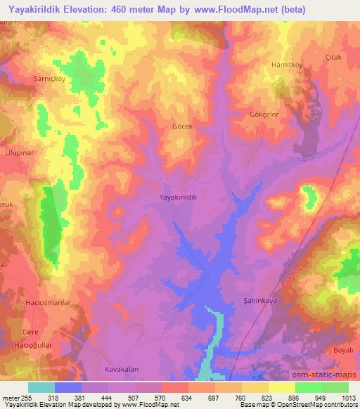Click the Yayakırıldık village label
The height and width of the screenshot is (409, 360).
[178, 198]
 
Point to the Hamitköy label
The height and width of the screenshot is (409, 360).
[287, 65]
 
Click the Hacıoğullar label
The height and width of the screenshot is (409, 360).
[32, 346]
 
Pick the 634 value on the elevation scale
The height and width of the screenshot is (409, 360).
[188, 397]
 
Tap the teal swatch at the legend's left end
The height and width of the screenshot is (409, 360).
[41, 387]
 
